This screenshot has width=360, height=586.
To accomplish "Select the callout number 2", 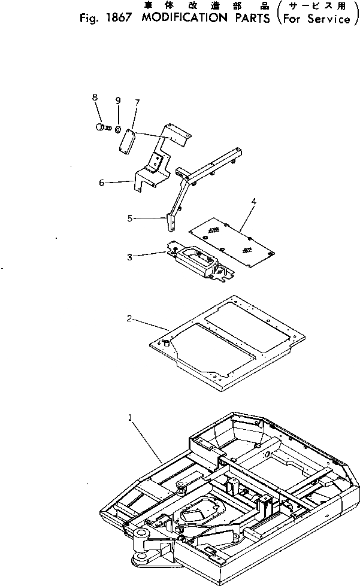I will [129, 318].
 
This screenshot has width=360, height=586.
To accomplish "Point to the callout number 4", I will [253, 202].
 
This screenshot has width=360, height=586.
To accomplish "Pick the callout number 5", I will [129, 219].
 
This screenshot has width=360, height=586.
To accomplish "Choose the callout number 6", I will [101, 183].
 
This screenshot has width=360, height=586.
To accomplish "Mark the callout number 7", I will [137, 102].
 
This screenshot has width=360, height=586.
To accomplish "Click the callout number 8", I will [95, 98].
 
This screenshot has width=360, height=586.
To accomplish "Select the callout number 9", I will [118, 99].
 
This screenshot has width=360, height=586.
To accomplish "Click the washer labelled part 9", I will [119, 129].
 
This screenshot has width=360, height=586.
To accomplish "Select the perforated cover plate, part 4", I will [230, 239].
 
